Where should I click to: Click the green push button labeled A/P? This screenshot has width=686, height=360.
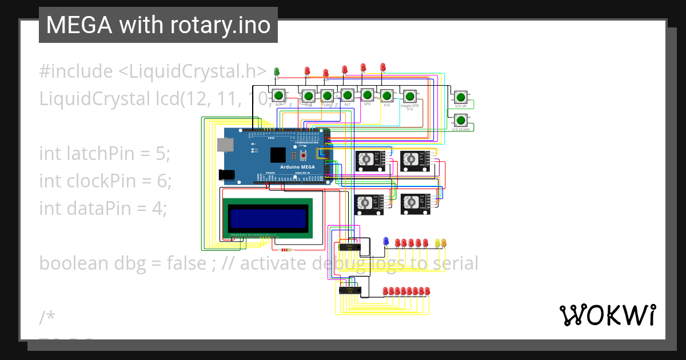[x=278, y=95]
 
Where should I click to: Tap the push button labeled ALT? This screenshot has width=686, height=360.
[x=347, y=94]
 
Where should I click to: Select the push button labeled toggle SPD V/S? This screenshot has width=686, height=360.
[x=409, y=96]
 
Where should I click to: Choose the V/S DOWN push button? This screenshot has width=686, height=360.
[x=460, y=120]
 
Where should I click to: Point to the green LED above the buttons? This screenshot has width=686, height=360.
[x=277, y=71]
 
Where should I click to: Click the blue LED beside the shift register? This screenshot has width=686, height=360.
[x=386, y=241]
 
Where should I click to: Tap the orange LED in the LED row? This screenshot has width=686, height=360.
[x=444, y=243]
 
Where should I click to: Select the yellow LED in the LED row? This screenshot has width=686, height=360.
[x=438, y=243]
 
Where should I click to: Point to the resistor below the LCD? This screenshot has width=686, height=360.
[x=285, y=250]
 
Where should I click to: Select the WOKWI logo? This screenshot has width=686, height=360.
[x=607, y=315]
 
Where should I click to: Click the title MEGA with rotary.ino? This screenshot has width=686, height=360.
[x=158, y=25]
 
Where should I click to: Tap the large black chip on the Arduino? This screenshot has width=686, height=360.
[x=278, y=154]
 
